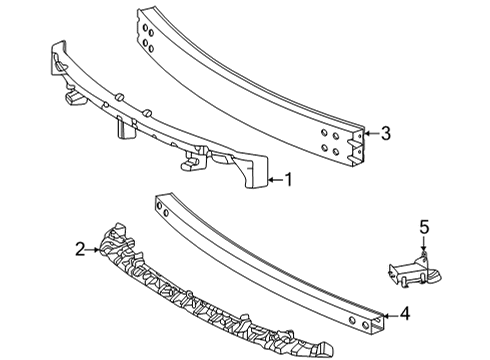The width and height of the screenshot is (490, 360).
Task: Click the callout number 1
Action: tap(288, 181)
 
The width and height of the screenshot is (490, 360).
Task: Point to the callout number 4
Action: tap(405, 314)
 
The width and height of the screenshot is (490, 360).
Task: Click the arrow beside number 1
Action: tap(274, 181)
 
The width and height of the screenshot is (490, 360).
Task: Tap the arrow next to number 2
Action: tap(96, 251)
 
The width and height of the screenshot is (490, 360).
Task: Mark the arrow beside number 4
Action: tap(391, 314)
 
